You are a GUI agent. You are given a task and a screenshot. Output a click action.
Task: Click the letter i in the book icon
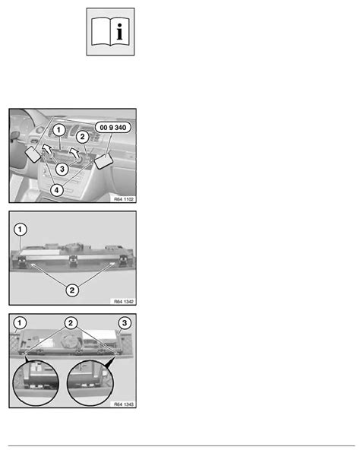[x=119, y=32]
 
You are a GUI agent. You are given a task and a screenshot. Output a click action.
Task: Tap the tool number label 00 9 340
[x=113, y=128]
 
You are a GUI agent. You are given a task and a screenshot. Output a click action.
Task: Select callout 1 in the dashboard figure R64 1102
[x=58, y=130]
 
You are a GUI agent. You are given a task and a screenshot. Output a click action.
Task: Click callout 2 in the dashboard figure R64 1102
[x=82, y=137]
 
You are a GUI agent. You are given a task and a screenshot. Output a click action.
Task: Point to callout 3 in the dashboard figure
[x=62, y=170]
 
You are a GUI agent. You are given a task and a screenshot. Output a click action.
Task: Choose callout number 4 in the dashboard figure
[x=56, y=189]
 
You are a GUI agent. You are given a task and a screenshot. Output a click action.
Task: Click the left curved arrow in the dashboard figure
[x=46, y=148]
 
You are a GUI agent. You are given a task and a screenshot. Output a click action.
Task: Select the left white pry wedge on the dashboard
[x=33, y=155]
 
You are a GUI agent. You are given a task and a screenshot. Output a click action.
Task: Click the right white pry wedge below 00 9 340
[x=103, y=161]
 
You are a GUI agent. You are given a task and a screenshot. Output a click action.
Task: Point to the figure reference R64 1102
[x=124, y=199]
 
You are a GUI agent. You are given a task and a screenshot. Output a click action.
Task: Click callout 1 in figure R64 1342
[x=20, y=230]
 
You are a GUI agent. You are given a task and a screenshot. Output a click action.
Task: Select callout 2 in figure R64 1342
[x=72, y=290]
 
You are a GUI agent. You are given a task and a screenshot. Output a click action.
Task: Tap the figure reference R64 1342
[x=124, y=302]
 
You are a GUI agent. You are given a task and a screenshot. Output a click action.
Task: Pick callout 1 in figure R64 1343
[x=20, y=323]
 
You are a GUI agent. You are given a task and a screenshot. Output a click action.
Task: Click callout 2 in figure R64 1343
[x=71, y=323]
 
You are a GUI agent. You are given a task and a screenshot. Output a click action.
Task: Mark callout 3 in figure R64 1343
[x=125, y=323]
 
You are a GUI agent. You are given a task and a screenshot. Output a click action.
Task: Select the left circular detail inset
[x=36, y=382]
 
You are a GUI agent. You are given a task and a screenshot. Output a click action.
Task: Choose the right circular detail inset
[x=90, y=382]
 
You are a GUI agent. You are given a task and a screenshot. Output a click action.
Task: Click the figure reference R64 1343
[x=124, y=404]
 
